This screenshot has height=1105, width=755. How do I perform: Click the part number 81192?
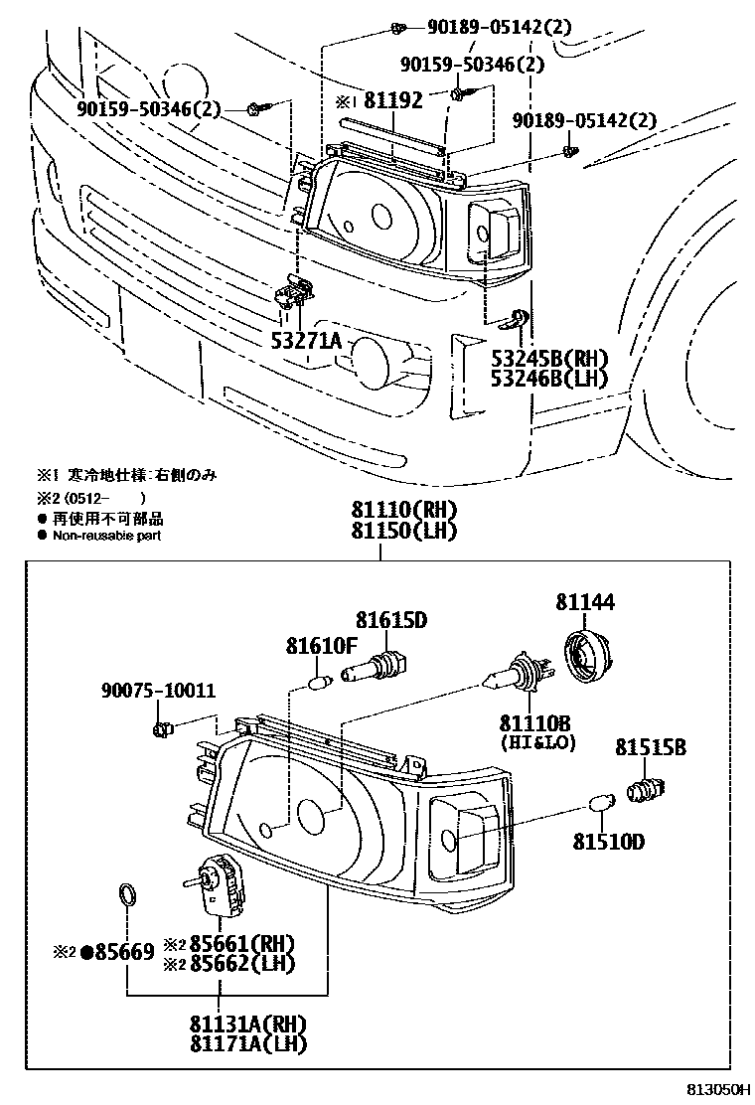tap(392, 100)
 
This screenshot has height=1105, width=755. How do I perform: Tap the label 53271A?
tap(306, 341)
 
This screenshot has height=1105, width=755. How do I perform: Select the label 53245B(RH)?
tap(548, 358)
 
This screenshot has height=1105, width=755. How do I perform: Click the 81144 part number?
tap(584, 602)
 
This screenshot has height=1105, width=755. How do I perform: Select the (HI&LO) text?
tap(537, 742)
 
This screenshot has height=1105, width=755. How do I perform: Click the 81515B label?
tap(650, 747)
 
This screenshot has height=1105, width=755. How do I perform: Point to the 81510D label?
tap(608, 843)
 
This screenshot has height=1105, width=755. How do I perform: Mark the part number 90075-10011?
tap(158, 691)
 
